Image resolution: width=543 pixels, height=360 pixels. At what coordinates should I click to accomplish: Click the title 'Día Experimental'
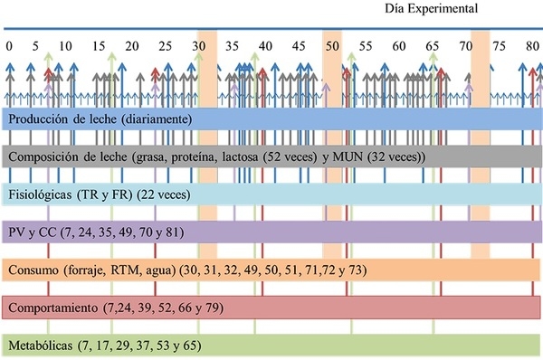(x=431, y=9)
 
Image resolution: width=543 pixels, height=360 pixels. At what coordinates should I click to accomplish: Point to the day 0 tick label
(x=9, y=46)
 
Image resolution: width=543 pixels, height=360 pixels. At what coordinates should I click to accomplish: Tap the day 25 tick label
(x=166, y=46)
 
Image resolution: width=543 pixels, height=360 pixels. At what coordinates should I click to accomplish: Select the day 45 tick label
(x=299, y=46)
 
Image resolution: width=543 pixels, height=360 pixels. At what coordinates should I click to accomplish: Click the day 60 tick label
(x=399, y=46)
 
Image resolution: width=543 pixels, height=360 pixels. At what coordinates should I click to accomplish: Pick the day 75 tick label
(x=499, y=46)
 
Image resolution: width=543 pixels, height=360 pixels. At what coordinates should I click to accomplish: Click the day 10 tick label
(x=65, y=46)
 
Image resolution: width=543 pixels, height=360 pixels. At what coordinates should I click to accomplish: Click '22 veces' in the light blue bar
(x=164, y=194)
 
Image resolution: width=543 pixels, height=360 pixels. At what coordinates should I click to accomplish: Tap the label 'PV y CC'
(x=33, y=232)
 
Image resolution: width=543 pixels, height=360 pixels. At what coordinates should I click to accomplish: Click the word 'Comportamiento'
(x=53, y=308)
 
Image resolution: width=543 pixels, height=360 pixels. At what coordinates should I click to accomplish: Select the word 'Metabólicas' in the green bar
(x=41, y=346)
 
